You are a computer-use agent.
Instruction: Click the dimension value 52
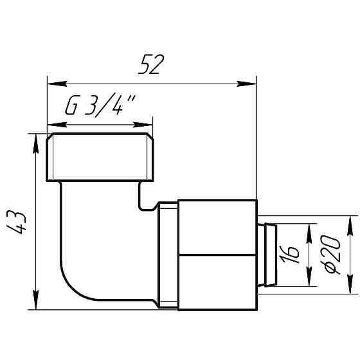click(x=152, y=64)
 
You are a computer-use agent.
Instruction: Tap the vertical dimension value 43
click(x=21, y=222)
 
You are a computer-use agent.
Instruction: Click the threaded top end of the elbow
click(x=100, y=157)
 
